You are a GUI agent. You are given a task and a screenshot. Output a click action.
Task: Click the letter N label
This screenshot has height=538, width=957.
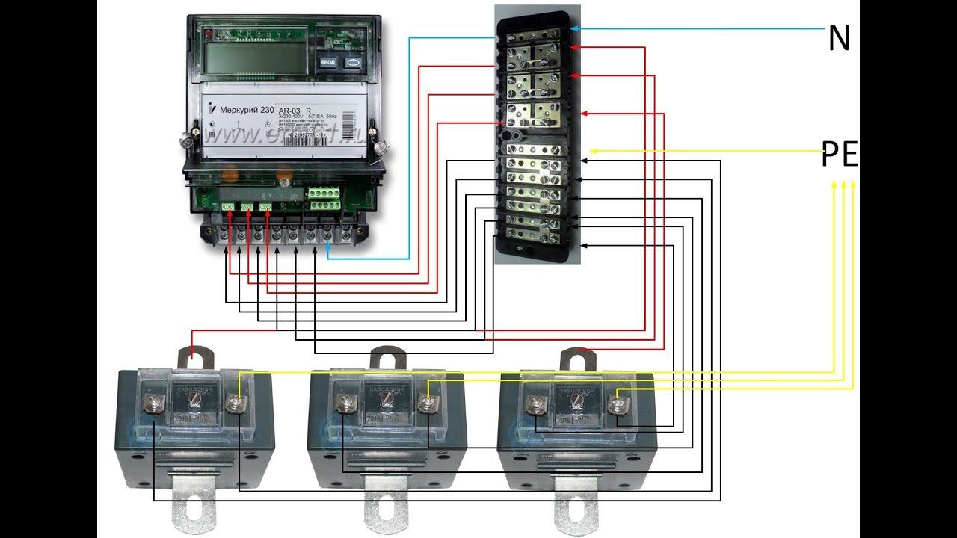pyautogui.click(x=840, y=38)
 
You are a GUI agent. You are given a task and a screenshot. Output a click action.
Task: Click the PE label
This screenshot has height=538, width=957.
pyautogui.click(x=840, y=157)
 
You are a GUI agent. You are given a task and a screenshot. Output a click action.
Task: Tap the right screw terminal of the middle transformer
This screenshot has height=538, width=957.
pyautogui.click(x=427, y=404)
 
